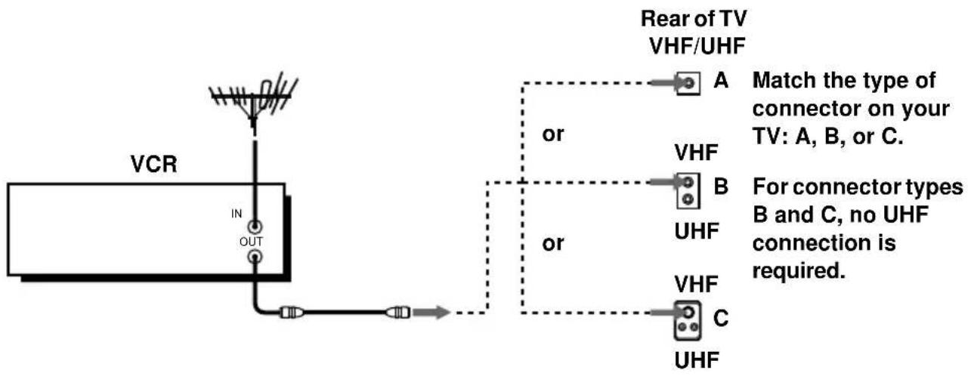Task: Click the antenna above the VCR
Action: (254, 100)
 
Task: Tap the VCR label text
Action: (154, 164)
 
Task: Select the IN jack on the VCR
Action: (255, 227)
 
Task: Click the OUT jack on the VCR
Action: (255, 257)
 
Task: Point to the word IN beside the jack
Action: (237, 214)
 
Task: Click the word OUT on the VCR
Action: (251, 242)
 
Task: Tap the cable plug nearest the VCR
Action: (291, 312)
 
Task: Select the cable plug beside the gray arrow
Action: (397, 312)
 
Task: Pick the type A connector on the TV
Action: (688, 82)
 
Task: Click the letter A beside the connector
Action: (721, 80)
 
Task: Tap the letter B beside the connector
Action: (721, 186)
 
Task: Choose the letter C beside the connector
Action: (721, 318)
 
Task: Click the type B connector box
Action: (688, 191)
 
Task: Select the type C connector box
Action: (688, 320)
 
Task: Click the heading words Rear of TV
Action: (694, 19)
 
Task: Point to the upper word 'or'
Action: (552, 134)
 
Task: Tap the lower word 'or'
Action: (552, 243)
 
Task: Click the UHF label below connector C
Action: (697, 360)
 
